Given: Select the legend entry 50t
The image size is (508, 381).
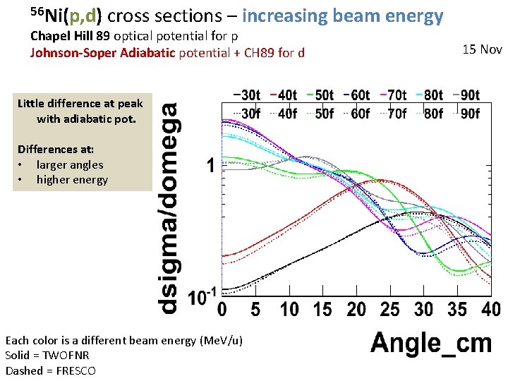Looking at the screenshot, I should click(322, 95).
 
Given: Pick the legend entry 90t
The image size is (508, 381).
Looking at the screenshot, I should click(466, 95).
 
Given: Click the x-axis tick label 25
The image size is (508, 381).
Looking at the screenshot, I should click(389, 310).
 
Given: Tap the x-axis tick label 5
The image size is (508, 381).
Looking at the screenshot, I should click(255, 310).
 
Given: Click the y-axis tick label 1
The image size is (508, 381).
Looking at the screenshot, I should click(210, 167).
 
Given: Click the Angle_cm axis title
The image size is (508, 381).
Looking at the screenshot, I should click(430, 344).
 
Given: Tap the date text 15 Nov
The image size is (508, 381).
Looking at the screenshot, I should click(482, 49).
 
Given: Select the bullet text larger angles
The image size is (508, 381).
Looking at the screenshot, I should click(70, 164).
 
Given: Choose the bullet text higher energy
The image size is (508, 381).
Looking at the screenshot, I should click(72, 179).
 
